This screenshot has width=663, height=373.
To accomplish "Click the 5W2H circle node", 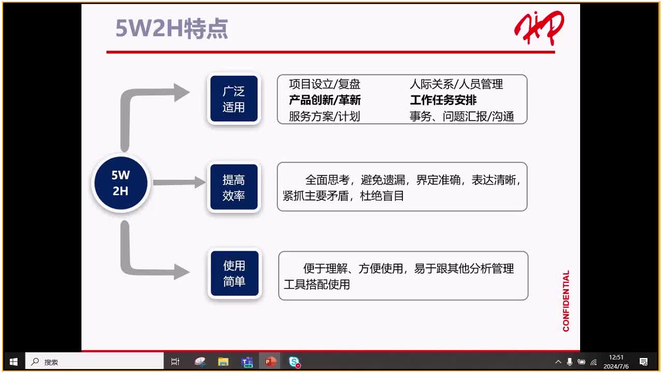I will tap(121, 183).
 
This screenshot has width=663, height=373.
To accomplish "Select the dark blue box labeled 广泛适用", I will tap(234, 99).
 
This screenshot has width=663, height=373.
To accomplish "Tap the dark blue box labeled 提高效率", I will tap(234, 188).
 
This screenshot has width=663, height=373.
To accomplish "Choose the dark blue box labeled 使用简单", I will tap(234, 274).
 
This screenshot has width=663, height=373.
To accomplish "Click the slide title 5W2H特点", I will tap(171, 29).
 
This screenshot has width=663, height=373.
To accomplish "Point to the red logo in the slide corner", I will tap(539, 28).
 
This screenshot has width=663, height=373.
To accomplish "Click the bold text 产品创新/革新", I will tap(325, 100).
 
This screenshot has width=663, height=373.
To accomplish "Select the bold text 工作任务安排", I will tap(443, 100).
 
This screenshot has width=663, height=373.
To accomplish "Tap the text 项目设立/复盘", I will tap(324, 84).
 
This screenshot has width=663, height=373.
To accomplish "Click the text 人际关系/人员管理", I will tap(456, 84).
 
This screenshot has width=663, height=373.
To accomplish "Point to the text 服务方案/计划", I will tap(324, 116).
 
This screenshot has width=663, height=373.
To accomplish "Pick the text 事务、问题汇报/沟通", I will tap(462, 116).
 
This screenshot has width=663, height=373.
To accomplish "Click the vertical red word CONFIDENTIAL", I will tap(566, 300).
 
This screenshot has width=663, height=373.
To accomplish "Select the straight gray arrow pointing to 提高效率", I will tap(179, 182).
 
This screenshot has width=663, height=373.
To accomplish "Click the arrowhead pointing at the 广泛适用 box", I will tap(182, 92).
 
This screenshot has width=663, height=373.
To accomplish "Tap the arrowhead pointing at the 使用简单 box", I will tap(182, 271).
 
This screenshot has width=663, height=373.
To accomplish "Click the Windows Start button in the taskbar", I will tap(14, 362).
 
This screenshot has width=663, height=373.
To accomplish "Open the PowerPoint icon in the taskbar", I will tap(270, 362).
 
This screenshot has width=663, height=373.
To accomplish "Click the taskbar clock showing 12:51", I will tap(616, 362).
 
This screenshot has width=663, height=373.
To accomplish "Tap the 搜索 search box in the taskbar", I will tap(96, 362).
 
